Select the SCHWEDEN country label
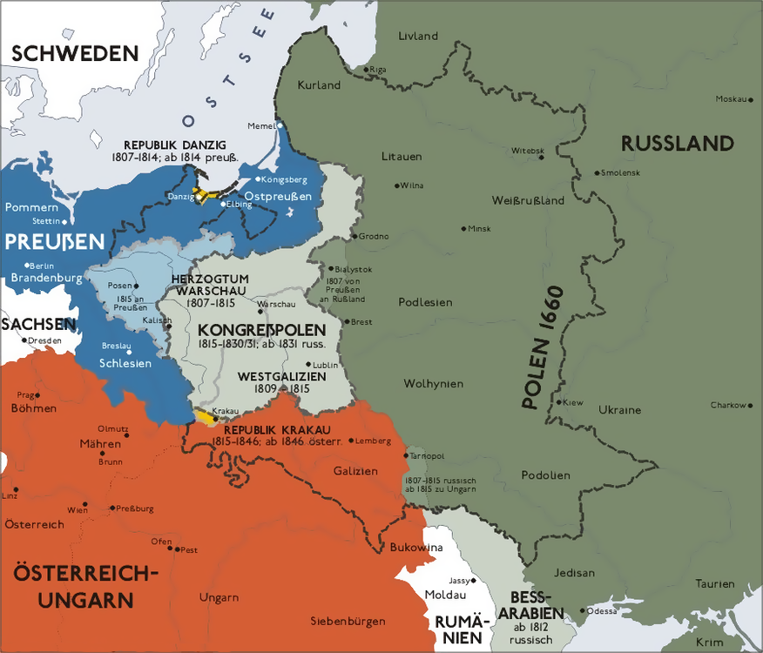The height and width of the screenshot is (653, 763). pos(75,52)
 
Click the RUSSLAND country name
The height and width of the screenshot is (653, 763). pos(677,144)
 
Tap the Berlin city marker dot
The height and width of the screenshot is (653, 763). pos(28,265)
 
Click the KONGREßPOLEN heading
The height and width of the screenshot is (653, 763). pos(261,331)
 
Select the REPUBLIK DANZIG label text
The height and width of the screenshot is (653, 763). pos(175,144)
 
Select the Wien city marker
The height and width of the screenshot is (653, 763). pos(85,503)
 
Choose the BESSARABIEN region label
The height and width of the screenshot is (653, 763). pos(531,604)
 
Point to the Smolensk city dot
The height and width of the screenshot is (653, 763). pos(597,172)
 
